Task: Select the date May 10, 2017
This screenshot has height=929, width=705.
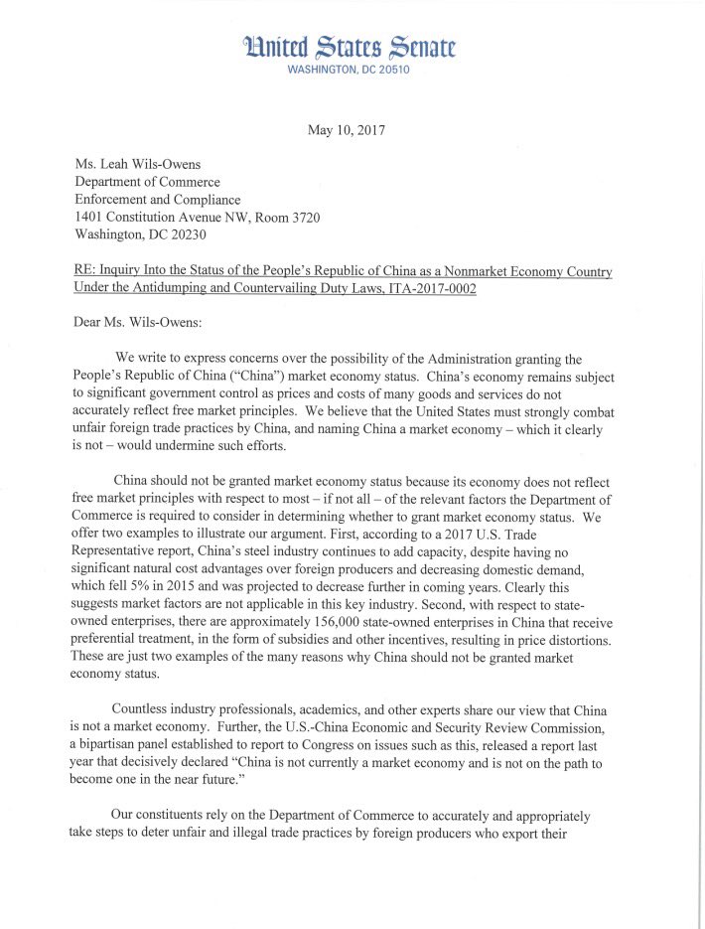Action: (352, 130)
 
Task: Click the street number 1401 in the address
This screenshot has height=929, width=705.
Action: (92, 217)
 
